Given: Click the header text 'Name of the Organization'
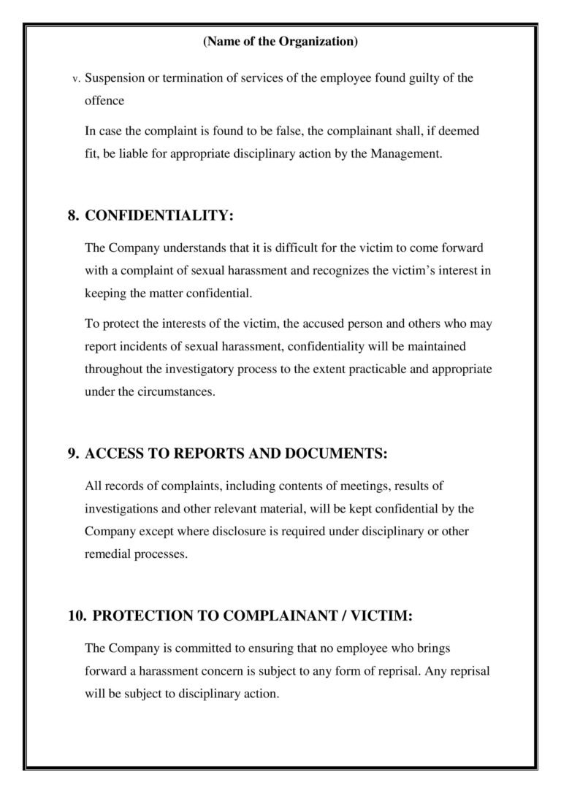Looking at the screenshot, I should pos(280,42).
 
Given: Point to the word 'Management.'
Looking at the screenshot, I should pos(407,154).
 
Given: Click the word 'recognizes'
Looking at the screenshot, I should pos(340,271).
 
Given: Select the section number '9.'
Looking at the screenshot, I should pos(73,453).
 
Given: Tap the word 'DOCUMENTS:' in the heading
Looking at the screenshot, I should pos(340,453).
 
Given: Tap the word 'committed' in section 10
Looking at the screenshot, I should pos(207,648).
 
